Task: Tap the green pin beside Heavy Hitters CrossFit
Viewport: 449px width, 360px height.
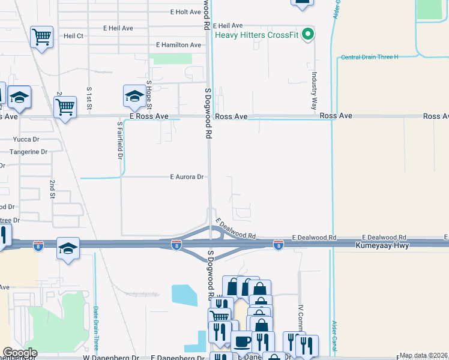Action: [309, 34]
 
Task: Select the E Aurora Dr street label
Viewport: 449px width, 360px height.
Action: [188, 177]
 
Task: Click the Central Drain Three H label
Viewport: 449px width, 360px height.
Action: [369, 57]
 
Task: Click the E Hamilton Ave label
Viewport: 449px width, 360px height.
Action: [178, 45]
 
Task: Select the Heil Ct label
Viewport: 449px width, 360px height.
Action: [71, 36]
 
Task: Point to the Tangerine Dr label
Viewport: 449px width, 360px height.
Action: [28, 152]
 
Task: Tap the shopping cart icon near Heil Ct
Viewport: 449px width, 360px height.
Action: [41, 38]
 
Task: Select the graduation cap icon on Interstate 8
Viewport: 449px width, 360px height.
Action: [68, 248]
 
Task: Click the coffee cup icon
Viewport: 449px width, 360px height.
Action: [242, 342]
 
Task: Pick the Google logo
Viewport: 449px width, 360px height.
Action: [20, 353]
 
